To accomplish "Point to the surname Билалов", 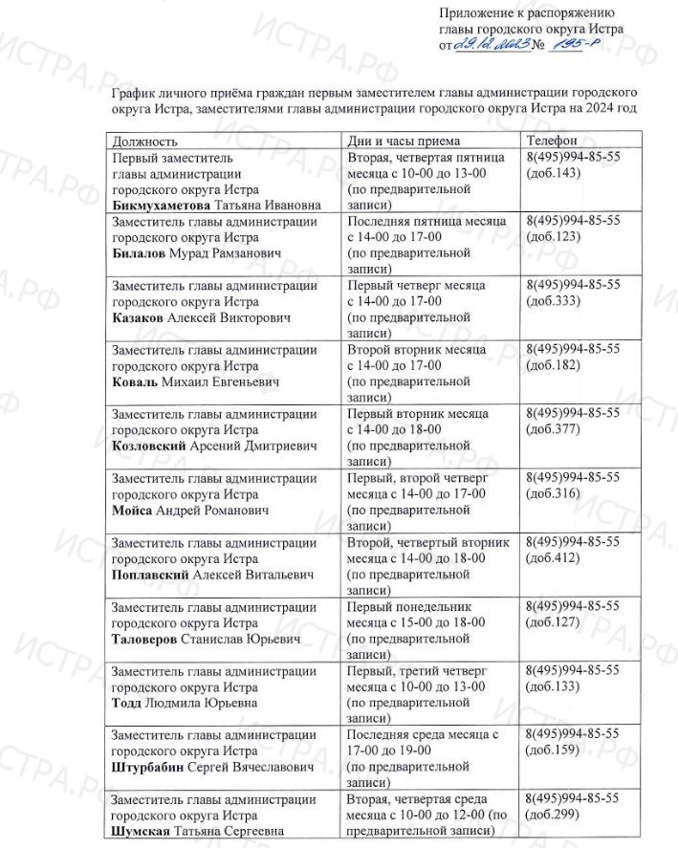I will coord(139,253).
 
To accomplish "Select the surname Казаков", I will coord(138,317).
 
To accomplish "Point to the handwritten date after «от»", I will coord(492,45).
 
